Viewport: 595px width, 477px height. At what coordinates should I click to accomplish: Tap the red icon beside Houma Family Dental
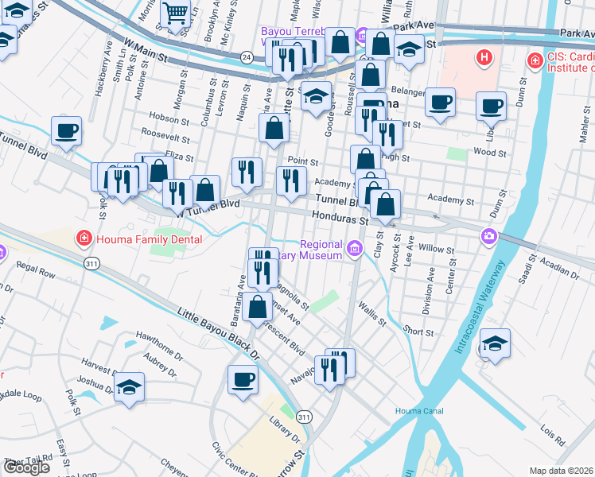coord(82,238)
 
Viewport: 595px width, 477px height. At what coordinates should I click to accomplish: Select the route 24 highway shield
coord(247,57)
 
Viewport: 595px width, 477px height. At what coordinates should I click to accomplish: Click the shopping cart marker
coord(174,13)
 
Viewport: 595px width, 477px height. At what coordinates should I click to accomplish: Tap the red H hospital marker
coord(483,57)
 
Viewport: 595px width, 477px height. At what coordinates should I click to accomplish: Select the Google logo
coord(26,467)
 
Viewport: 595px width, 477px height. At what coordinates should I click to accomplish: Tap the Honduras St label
coord(339,217)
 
